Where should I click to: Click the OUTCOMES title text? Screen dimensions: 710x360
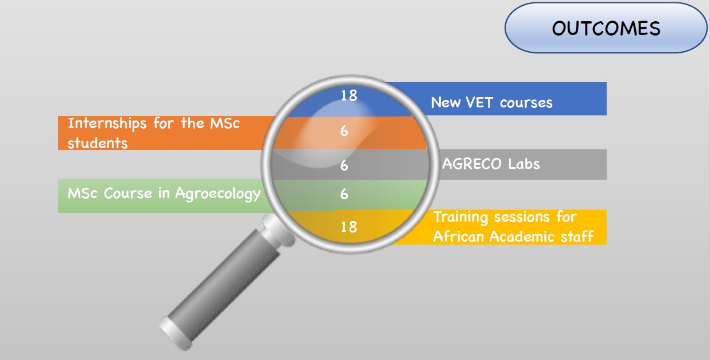606,29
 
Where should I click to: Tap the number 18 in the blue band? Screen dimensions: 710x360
349,95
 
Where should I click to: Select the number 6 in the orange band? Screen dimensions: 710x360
344,131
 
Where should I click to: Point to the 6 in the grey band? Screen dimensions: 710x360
344,165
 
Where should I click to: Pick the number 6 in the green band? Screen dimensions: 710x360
344,194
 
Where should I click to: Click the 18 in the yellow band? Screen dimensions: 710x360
349,227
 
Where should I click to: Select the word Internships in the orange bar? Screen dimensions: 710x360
107,123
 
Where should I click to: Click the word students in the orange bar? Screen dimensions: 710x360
98,143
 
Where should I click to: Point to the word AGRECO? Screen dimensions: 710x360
472,164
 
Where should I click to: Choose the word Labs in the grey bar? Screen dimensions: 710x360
523,164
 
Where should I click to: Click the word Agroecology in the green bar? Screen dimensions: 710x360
218,194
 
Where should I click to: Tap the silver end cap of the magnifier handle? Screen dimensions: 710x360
175,334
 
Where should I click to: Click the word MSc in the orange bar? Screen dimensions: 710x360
225,123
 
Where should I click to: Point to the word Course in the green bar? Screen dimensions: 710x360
128,193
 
